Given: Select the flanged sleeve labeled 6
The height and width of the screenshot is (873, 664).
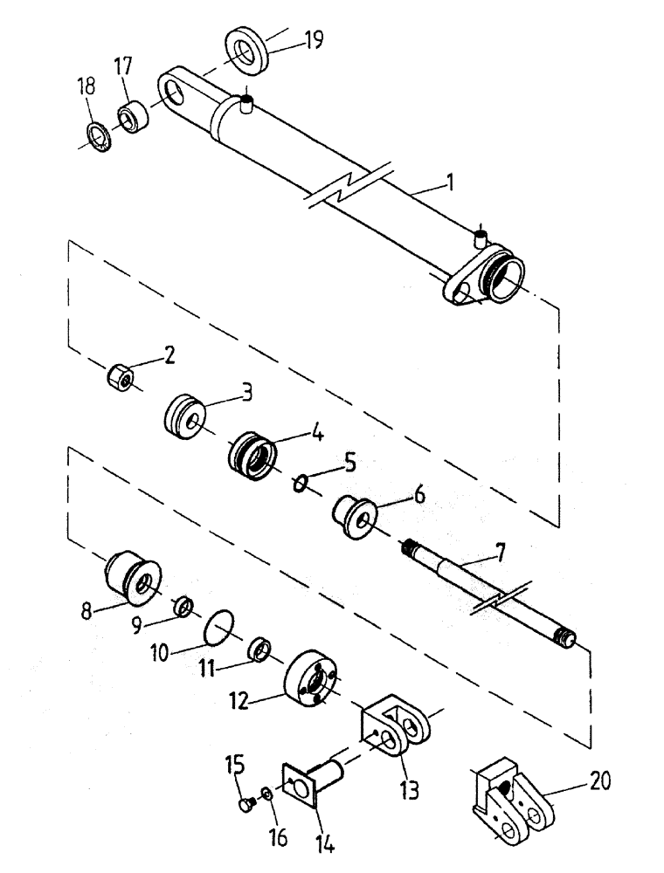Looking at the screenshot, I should (x=356, y=515).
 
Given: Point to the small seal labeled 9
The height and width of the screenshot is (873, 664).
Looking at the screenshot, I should (x=183, y=605).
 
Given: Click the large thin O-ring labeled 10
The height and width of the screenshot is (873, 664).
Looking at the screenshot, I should (x=218, y=626).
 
